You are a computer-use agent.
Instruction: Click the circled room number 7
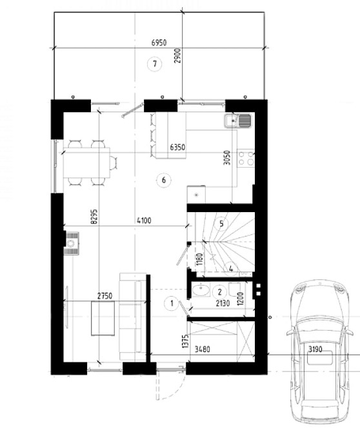155,64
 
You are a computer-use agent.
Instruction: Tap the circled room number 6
164,180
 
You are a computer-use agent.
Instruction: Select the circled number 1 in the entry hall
172,304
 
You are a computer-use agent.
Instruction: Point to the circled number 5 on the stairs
221,224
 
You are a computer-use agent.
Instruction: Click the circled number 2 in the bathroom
220,292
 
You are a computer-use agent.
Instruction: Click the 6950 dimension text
159,43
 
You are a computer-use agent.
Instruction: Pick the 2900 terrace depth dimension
178,56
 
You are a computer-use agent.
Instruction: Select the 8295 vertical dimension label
94,217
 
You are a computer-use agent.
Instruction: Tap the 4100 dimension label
144,221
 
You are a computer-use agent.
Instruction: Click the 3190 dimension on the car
315,349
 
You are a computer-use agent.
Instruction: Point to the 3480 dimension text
203,349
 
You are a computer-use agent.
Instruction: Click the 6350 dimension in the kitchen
177,148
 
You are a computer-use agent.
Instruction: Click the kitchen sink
238,121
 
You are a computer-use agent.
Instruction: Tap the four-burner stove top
246,159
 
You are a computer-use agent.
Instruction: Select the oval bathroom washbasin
201,290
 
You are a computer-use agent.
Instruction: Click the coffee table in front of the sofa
103,319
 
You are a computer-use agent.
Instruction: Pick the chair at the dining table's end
114,162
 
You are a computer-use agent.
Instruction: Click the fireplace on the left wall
72,243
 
